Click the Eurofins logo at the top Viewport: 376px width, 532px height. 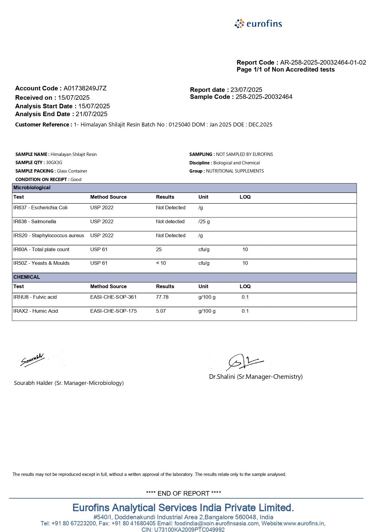click(x=258, y=24)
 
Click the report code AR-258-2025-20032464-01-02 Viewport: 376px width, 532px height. click(x=323, y=62)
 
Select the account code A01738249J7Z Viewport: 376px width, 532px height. click(x=85, y=88)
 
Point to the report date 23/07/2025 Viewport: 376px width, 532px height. click(x=246, y=90)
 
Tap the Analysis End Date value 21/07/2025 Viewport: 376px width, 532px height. click(x=92, y=114)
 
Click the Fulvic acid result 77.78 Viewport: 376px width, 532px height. click(x=162, y=297)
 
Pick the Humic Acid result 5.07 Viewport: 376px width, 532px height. click(x=161, y=311)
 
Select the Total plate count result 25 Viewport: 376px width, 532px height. click(x=159, y=250)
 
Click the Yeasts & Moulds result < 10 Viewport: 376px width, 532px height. click(x=161, y=263)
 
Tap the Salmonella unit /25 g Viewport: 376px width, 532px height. click(x=204, y=222)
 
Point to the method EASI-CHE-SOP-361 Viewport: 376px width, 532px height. click(x=113, y=297)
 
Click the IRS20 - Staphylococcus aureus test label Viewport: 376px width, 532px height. click(x=49, y=236)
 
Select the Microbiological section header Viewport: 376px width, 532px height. click(x=32, y=188)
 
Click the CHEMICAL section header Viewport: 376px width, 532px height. click(x=27, y=277)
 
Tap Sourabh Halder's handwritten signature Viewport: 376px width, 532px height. click(x=32, y=360)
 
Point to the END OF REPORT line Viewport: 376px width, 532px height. click(x=183, y=493)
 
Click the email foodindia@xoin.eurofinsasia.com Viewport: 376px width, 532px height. click(x=217, y=524)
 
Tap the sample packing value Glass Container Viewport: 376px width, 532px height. click(x=72, y=171)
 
